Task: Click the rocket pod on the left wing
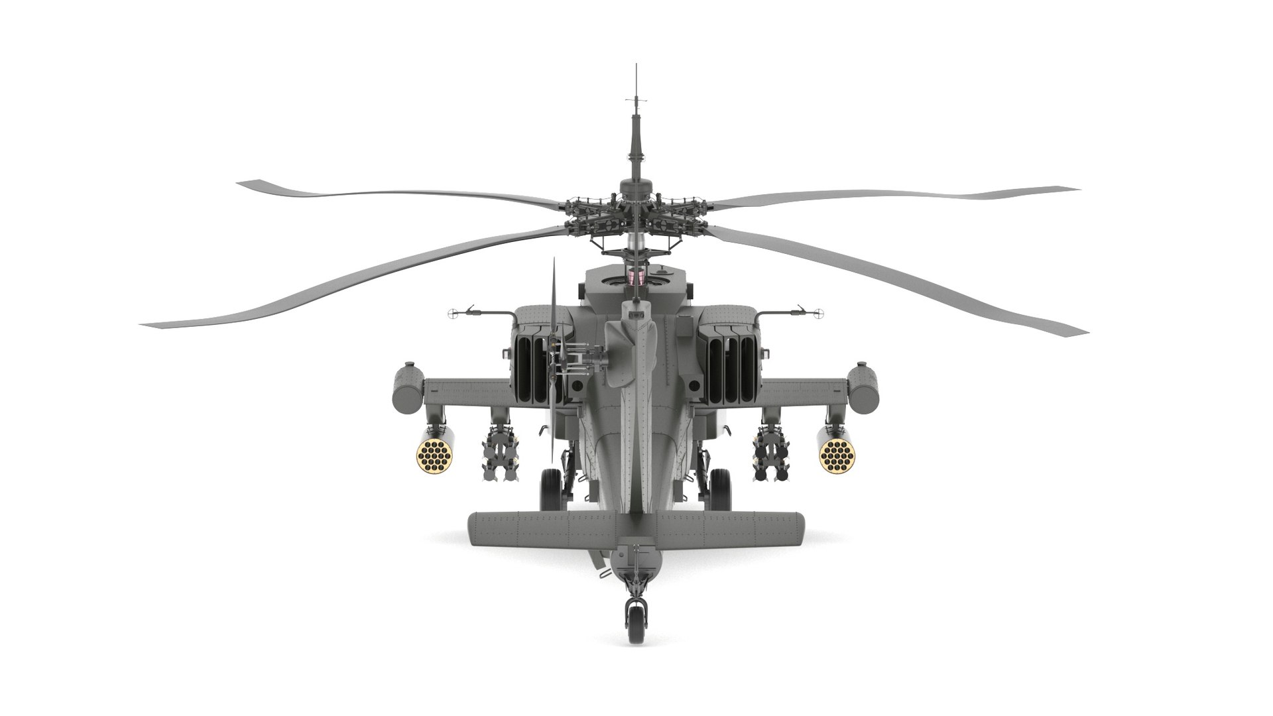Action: pyautogui.click(x=435, y=452)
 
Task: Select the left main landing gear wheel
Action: pyautogui.click(x=551, y=489)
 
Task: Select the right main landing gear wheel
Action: pyautogui.click(x=721, y=489)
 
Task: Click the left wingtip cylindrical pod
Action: pyautogui.click(x=407, y=388)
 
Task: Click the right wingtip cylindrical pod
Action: pyautogui.click(x=865, y=388)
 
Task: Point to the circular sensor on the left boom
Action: pyautogui.click(x=454, y=312)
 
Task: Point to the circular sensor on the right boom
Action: pyautogui.click(x=818, y=312)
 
